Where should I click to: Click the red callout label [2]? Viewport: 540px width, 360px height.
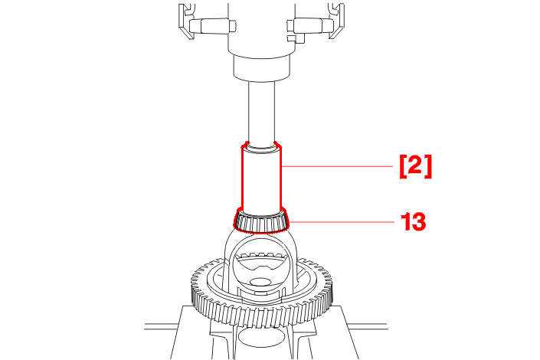click(x=415, y=167)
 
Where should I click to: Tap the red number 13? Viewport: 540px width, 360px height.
click(x=414, y=221)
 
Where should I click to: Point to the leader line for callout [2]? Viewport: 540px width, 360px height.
click(x=337, y=166)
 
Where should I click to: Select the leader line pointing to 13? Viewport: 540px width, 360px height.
click(x=342, y=222)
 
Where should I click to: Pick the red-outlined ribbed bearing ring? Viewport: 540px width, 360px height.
click(x=261, y=221)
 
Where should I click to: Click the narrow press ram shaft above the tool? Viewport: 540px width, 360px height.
click(x=261, y=112)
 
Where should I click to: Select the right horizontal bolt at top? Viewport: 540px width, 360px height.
click(x=310, y=26)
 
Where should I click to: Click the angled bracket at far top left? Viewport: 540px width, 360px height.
click(x=186, y=21)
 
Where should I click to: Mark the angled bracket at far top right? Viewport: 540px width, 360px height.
click(x=336, y=21)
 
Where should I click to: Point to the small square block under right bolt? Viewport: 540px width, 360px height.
click(x=296, y=38)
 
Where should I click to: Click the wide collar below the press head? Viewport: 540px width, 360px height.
click(x=261, y=67)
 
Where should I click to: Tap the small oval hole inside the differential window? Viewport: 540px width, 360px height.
click(x=260, y=283)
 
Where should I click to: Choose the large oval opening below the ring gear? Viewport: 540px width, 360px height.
click(x=262, y=337)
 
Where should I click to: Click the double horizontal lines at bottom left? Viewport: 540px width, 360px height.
click(x=162, y=326)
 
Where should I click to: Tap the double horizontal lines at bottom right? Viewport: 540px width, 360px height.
click(x=368, y=326)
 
